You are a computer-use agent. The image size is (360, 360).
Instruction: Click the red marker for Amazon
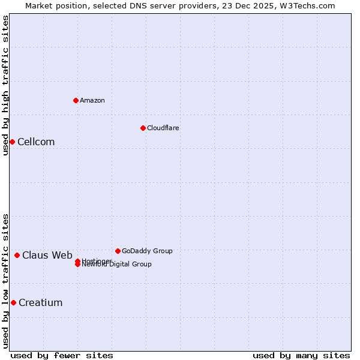pyautogui.click(x=76, y=100)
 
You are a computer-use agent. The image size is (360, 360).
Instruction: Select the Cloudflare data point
pyautogui.click(x=143, y=128)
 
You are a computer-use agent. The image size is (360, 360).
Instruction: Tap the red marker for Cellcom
pyautogui.click(x=12, y=142)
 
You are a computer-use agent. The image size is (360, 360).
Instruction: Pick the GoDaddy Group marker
pyautogui.click(x=118, y=251)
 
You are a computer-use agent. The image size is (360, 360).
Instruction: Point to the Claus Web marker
pyautogui.click(x=17, y=255)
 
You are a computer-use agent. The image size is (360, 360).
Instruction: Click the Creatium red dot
pyautogui.click(x=13, y=302)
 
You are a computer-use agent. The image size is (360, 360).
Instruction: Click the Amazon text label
pyautogui.click(x=92, y=100)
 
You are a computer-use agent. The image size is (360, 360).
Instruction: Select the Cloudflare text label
pyautogui.click(x=163, y=128)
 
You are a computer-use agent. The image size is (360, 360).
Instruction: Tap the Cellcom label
pyautogui.click(x=36, y=142)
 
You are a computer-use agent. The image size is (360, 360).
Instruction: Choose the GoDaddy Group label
pyautogui.click(x=147, y=251)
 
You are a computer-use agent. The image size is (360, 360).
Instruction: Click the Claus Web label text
pyautogui.click(x=47, y=255)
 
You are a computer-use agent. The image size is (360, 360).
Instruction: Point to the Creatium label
pyautogui.click(x=40, y=302)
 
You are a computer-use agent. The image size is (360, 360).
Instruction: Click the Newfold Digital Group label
pyautogui.click(x=118, y=265)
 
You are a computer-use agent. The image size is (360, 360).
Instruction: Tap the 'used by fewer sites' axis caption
pyautogui.click(x=62, y=355)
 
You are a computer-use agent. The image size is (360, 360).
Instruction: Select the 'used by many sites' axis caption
pyautogui.click(x=301, y=355)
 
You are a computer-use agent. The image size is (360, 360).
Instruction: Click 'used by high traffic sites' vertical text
pyautogui.click(x=5, y=85)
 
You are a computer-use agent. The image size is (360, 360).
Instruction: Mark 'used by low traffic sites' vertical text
pyautogui.click(x=5, y=281)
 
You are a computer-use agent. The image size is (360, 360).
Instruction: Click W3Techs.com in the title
pyautogui.click(x=306, y=5)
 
